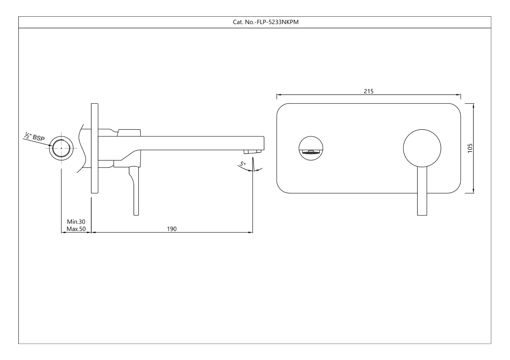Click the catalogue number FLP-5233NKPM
(278, 22)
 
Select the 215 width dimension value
(369, 91)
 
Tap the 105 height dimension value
(470, 148)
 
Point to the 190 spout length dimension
(172, 229)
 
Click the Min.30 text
(76, 222)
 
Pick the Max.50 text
(76, 229)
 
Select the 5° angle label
(243, 164)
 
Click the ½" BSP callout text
(35, 136)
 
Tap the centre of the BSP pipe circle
(61, 148)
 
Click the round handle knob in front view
(422, 148)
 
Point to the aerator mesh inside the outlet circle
(311, 153)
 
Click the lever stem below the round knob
(422, 191)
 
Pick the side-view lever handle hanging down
(136, 191)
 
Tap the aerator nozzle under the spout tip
(253, 152)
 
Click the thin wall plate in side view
(95, 148)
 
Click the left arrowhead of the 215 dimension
(279, 95)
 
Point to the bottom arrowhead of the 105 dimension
(473, 191)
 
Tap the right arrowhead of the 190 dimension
(250, 233)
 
